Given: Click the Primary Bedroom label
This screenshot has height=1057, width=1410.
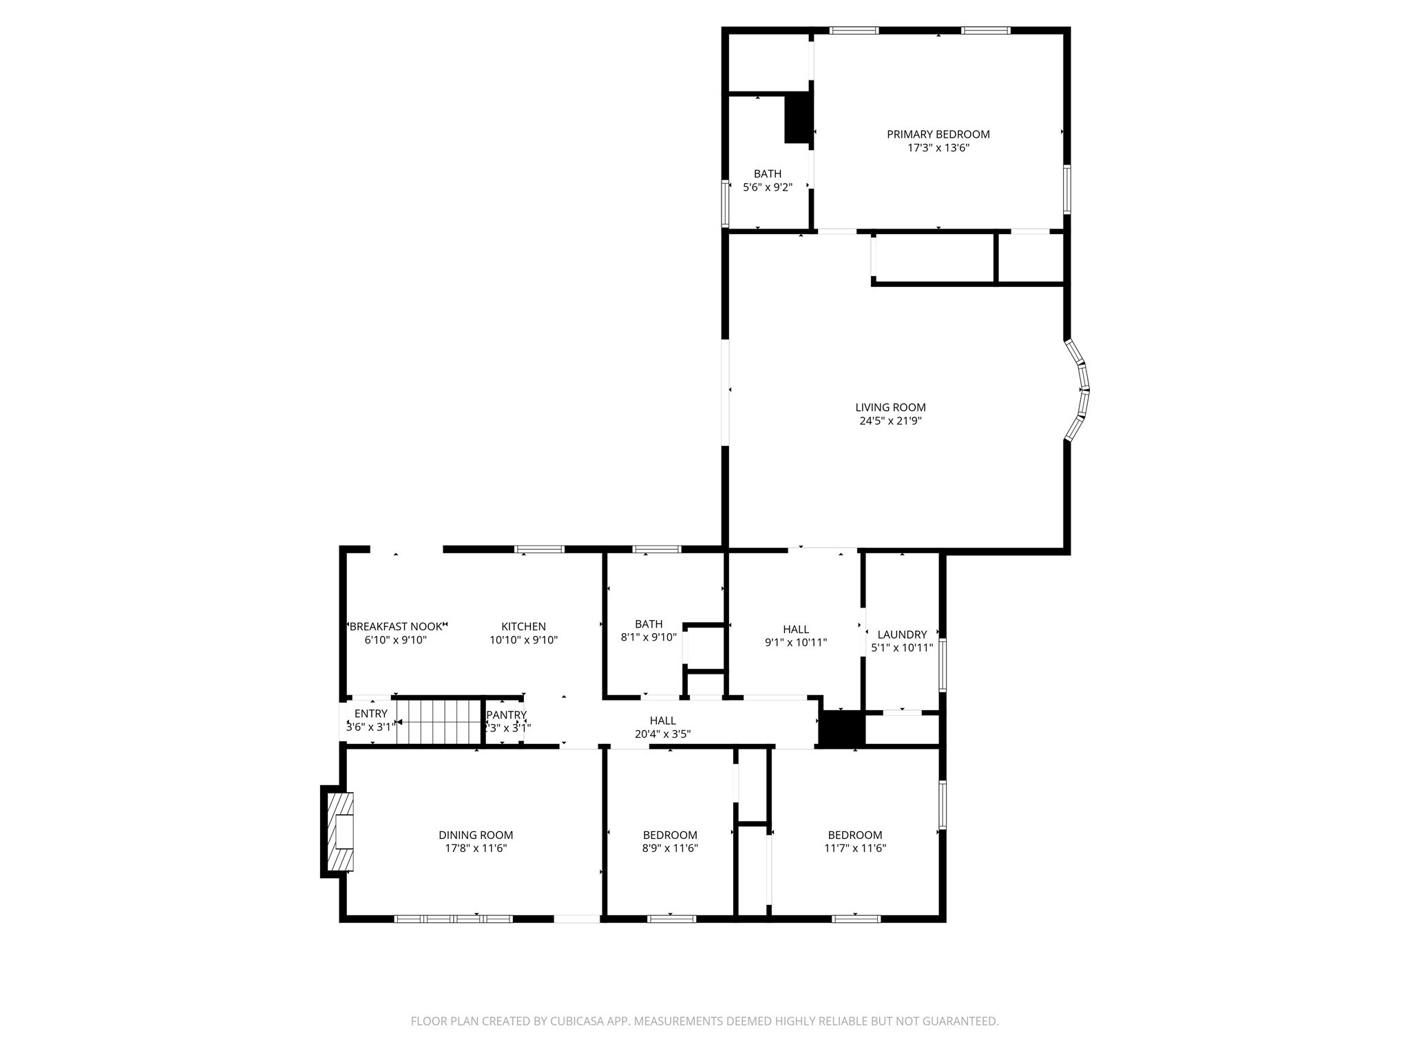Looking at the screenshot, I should [x=938, y=134].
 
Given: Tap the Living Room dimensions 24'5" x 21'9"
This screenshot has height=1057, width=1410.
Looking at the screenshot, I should [x=890, y=420].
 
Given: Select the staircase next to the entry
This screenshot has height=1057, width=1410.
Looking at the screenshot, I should [x=438, y=722].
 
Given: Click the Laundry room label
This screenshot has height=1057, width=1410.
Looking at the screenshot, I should [x=902, y=634].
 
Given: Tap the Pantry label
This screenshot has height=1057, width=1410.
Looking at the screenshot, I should [x=506, y=715].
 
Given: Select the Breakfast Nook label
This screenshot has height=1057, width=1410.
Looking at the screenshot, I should [x=396, y=626].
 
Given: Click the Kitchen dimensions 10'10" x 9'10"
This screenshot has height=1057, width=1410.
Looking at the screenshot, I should [x=523, y=640].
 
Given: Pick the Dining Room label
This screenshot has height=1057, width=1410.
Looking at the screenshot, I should [x=476, y=835].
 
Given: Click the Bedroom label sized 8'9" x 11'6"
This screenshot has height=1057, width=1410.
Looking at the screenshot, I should [x=670, y=835].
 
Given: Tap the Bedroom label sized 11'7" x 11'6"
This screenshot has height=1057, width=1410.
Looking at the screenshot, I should [x=854, y=835].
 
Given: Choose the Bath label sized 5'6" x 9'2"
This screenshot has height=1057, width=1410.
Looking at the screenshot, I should [x=767, y=174].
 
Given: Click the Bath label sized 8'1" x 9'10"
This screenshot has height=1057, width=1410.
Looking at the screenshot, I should [x=649, y=624].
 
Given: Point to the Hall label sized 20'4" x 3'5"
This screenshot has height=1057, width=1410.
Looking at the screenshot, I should [x=662, y=720].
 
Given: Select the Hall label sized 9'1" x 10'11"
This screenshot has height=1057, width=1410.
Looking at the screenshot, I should [x=796, y=629].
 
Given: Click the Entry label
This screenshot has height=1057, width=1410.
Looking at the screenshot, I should [x=370, y=714].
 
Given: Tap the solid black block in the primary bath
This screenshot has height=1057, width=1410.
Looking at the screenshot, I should [x=797, y=118].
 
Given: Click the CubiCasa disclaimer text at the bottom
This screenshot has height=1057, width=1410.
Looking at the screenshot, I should [x=704, y=1021].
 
